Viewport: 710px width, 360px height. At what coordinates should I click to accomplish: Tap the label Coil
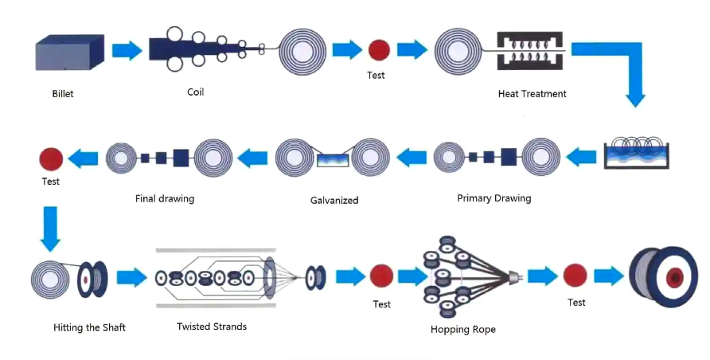pos(195,92)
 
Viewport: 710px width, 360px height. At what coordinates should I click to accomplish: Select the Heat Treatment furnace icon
pos(529,53)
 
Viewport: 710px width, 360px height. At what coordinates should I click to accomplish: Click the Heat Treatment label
pos(532,94)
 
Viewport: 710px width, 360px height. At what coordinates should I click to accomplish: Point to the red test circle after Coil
pos(379,50)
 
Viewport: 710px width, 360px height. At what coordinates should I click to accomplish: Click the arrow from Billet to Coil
pos(127,51)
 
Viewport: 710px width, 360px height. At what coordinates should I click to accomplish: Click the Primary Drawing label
pos(493,198)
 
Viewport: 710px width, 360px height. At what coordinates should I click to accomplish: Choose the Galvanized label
pos(334,200)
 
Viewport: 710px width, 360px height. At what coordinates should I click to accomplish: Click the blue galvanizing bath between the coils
pos(334,160)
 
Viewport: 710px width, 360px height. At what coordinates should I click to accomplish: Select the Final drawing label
pos(165,198)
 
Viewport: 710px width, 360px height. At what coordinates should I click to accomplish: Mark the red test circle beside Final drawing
pos(51,158)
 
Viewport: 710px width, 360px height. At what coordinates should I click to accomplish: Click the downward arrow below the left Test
pos(50,227)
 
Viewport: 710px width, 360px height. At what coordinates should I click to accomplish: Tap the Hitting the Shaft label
pos(89,327)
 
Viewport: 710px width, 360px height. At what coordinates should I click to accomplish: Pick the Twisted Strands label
pos(212,327)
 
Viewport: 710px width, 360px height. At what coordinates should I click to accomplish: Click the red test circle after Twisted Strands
pos(381,277)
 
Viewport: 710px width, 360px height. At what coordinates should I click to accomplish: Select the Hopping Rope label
pos(462,330)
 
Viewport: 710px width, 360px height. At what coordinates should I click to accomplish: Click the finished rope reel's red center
pos(676,277)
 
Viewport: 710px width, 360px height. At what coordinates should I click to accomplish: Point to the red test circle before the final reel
pos(575,276)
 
